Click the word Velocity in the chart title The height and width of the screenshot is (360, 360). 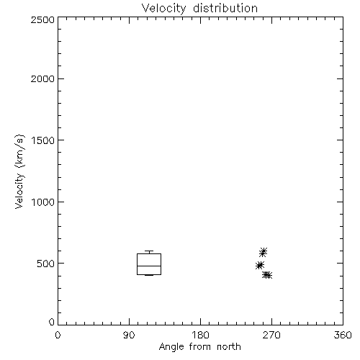click(163, 9)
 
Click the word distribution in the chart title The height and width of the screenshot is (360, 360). click(225, 8)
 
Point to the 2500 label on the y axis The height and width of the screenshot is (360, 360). click(42, 19)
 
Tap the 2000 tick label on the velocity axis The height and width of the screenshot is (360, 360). click(42, 79)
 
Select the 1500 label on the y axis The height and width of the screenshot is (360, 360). click(43, 140)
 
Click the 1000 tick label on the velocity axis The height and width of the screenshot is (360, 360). click(43, 202)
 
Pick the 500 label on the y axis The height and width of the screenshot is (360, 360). click(46, 264)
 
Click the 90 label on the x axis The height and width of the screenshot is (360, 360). click(129, 335)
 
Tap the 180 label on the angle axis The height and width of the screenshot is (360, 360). click(200, 335)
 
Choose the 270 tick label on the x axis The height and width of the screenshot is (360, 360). click(271, 335)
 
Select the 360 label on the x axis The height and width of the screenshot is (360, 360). click(343, 335)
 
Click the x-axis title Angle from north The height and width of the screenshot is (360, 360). click(200, 347)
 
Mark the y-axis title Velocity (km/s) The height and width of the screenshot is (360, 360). click(19, 171)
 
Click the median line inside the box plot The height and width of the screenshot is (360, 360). click(149, 266)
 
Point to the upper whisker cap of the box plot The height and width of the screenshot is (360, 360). click(149, 251)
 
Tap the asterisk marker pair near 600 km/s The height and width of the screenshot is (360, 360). click(263, 252)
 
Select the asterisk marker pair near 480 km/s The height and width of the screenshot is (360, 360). click(260, 265)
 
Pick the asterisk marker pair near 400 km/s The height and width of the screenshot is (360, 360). click(267, 275)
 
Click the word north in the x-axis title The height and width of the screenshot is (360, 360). click(229, 346)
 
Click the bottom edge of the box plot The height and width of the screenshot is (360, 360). click(149, 274)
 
